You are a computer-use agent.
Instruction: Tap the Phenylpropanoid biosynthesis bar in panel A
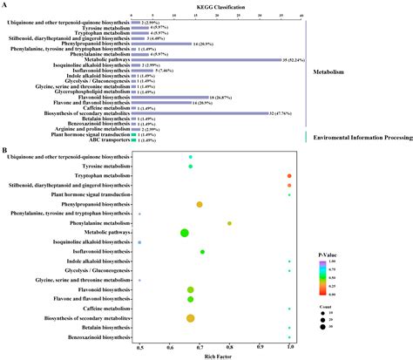(160, 44)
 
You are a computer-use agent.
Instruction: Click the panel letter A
(4, 4)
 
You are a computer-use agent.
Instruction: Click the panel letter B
(4, 150)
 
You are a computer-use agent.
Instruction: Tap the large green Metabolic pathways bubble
(185, 233)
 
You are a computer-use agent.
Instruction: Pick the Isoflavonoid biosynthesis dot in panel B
(202, 252)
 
